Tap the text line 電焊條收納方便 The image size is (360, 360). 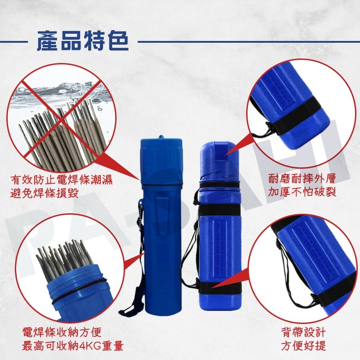tap(62, 333)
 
